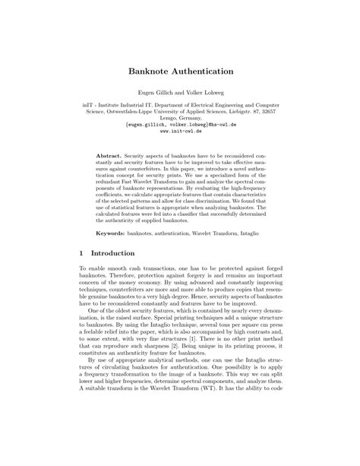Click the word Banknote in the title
149,71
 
